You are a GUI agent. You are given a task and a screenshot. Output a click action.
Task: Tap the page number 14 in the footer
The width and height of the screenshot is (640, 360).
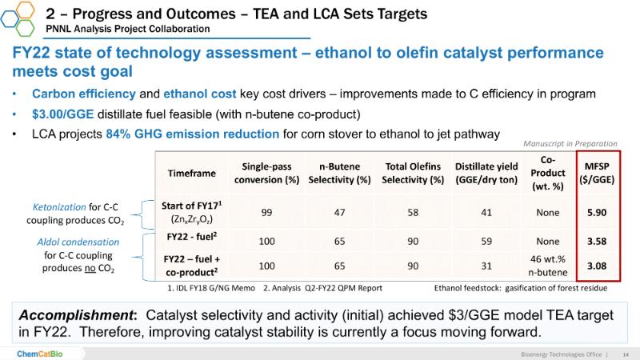pyautogui.click(x=626, y=353)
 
